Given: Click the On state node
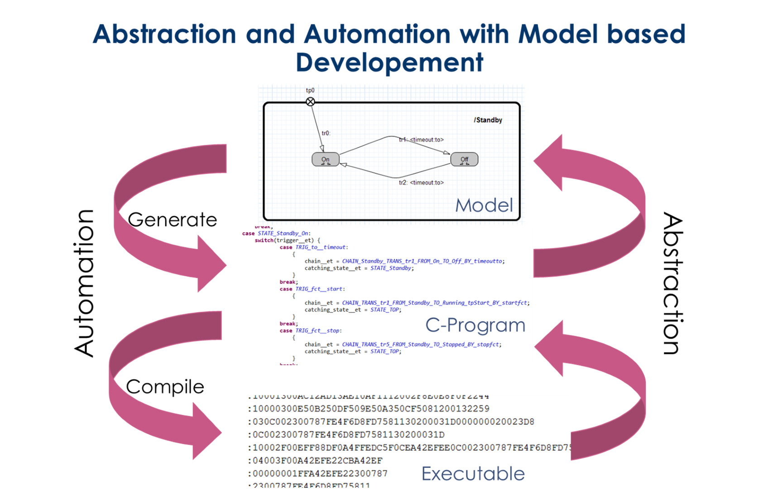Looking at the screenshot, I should (325, 159).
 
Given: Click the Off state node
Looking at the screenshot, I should (464, 159).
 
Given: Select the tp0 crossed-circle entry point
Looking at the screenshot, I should (310, 102).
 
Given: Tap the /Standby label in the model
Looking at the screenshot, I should (488, 120).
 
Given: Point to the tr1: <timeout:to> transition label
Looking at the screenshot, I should (421, 140).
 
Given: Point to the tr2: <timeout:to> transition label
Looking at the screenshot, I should (421, 182).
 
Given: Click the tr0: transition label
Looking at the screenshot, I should (326, 133).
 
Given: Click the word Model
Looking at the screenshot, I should (484, 205).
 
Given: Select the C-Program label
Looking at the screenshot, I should (475, 325).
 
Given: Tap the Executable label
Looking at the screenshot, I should (473, 474).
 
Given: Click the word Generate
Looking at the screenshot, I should (173, 220).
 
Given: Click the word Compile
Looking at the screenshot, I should (165, 387).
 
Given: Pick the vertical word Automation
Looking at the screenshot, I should (84, 283).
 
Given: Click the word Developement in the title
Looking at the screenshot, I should (389, 62).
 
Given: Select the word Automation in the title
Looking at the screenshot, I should (377, 34).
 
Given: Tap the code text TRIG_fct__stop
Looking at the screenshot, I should (318, 331).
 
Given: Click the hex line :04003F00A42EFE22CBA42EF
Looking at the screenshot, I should (315, 461).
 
